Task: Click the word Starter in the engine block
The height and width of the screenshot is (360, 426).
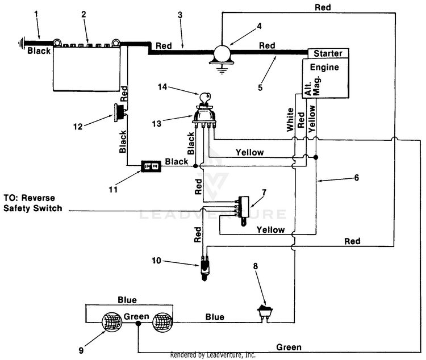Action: [328, 53]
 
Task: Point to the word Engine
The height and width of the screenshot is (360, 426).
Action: [324, 67]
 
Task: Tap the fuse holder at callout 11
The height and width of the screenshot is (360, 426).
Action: [152, 165]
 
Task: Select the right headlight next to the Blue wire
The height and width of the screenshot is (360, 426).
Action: [163, 325]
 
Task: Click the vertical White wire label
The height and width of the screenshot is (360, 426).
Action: [291, 120]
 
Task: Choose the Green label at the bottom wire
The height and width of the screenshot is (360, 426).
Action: [289, 347]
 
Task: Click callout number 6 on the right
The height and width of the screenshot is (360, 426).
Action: [356, 178]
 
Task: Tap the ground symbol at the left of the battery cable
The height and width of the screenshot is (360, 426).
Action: [22, 41]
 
